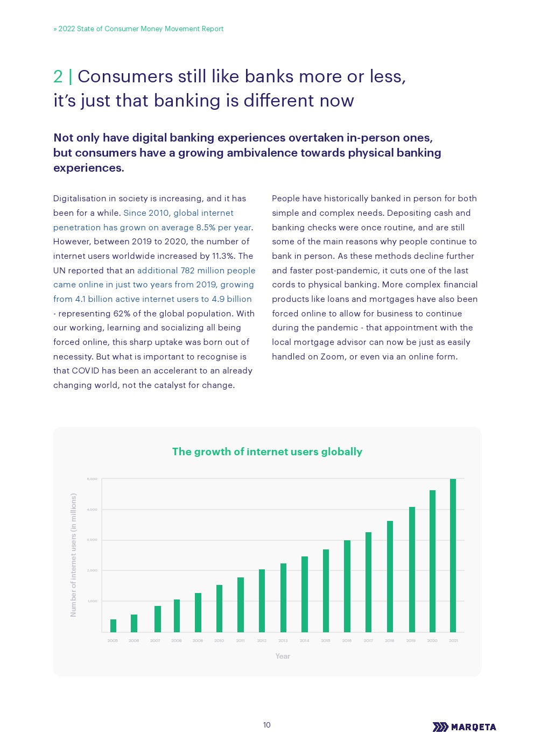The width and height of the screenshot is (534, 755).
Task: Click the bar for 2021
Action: tap(453, 555)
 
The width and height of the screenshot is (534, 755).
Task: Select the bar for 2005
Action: tap(113, 625)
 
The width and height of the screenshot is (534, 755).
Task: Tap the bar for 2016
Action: tap(347, 586)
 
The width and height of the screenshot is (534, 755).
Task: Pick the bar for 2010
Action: tap(219, 608)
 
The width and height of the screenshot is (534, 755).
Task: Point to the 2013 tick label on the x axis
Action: tap(283, 640)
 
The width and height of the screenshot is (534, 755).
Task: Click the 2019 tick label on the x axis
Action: tap(411, 640)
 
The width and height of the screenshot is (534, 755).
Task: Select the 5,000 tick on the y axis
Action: tap(92, 479)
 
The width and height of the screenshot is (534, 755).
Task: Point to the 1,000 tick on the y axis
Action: tap(92, 601)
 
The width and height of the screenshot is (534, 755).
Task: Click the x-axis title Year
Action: tap(283, 656)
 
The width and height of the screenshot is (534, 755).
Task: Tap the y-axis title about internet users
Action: tap(74, 555)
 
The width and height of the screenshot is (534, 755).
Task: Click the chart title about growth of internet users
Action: tap(267, 451)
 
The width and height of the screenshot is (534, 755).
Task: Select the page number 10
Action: tap(267, 725)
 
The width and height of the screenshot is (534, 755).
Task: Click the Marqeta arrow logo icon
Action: tap(440, 727)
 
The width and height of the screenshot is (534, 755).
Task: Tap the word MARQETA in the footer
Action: tap(474, 727)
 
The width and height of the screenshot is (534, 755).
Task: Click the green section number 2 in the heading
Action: tap(58, 76)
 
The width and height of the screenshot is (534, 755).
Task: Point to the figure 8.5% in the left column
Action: tap(206, 227)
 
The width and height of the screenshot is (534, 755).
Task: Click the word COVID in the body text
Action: tap(86, 370)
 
